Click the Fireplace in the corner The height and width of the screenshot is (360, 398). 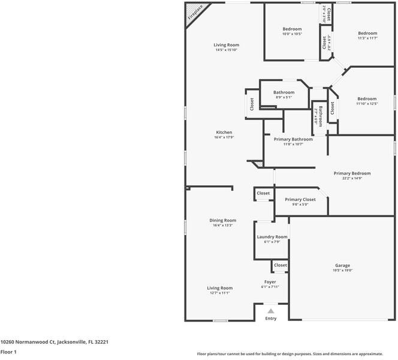tap(194, 13)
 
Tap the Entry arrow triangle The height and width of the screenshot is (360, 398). tap(271, 311)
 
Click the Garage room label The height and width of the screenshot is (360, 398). tap(342, 265)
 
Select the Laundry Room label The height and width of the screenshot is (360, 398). tap(272, 237)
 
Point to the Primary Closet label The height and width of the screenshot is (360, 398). tap(300, 199)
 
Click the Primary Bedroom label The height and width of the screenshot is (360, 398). tap(352, 173)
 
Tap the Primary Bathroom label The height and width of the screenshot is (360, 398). tap(293, 139)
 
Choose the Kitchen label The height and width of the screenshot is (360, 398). tap(224, 133)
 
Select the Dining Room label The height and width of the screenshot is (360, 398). tap(222, 220)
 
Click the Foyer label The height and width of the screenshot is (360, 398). tap(270, 281)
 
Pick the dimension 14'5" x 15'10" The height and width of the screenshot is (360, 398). tap(227, 50)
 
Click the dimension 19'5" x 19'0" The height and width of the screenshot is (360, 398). tap(342, 271)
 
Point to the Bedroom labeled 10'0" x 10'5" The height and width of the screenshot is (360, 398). tap(292, 29)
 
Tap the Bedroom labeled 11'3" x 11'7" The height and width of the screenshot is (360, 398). tap(367, 33)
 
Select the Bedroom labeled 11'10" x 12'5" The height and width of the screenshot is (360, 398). tap(367, 98)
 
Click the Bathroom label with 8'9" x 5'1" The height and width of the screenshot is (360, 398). tap(284, 92)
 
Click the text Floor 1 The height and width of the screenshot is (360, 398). tap(8, 352)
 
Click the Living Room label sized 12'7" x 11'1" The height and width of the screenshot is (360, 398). tap(220, 288)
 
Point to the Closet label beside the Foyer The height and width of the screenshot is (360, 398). tap(281, 265)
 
